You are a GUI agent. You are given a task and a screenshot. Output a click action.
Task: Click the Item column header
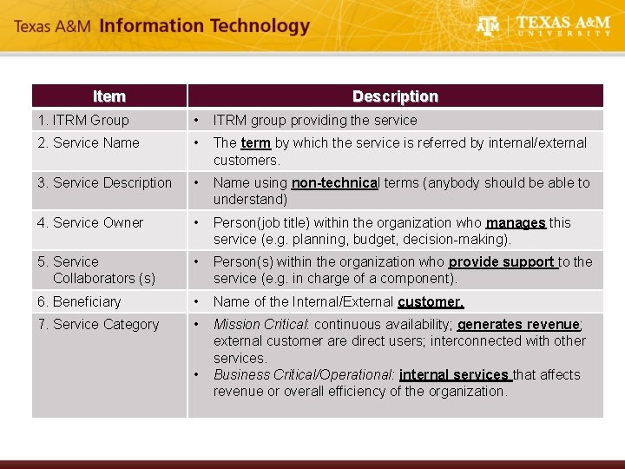(109, 96)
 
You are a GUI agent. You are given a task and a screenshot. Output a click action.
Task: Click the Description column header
(395, 96)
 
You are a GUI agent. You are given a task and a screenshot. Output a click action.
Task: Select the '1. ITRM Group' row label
(82, 120)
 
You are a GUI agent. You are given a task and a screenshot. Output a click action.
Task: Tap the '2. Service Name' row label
(88, 142)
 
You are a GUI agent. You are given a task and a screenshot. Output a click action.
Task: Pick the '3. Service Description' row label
(104, 182)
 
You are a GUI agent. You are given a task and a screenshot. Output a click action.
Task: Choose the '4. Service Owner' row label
(90, 222)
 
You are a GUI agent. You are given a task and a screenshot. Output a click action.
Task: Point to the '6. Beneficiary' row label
(79, 301)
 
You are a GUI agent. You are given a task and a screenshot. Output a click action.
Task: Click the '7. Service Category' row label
(98, 324)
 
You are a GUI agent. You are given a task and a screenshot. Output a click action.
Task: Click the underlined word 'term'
(255, 142)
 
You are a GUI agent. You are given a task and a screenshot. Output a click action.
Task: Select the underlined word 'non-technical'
(335, 182)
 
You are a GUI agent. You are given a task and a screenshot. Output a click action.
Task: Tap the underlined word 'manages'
(516, 222)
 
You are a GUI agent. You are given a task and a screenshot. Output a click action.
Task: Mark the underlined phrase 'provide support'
(502, 261)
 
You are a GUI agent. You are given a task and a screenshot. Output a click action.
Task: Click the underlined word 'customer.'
(431, 301)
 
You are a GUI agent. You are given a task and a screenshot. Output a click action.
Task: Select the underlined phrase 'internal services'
(454, 374)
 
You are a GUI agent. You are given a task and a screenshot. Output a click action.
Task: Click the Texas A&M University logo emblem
(489, 27)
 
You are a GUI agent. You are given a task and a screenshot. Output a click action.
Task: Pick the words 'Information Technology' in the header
(205, 26)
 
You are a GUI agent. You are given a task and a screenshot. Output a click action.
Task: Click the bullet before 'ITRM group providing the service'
(198, 120)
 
